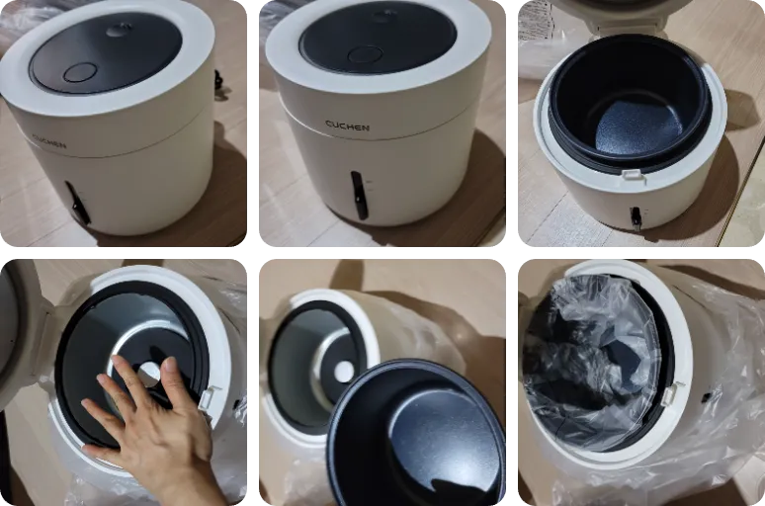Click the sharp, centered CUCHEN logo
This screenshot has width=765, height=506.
347,126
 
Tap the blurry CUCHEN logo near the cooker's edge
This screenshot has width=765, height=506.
48,141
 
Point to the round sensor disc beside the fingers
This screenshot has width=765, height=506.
148,376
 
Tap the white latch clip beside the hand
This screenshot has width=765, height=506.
209,397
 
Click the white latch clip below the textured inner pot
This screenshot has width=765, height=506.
634,175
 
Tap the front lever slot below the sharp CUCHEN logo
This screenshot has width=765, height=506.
359,195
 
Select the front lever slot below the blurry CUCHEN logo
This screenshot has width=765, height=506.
77,204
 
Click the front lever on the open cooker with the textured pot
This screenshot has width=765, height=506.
636,217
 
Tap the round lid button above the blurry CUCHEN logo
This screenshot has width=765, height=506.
78,73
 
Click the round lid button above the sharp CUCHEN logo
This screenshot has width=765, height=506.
365,54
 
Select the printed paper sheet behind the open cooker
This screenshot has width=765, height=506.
536,21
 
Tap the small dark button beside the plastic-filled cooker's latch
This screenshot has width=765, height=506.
706,397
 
